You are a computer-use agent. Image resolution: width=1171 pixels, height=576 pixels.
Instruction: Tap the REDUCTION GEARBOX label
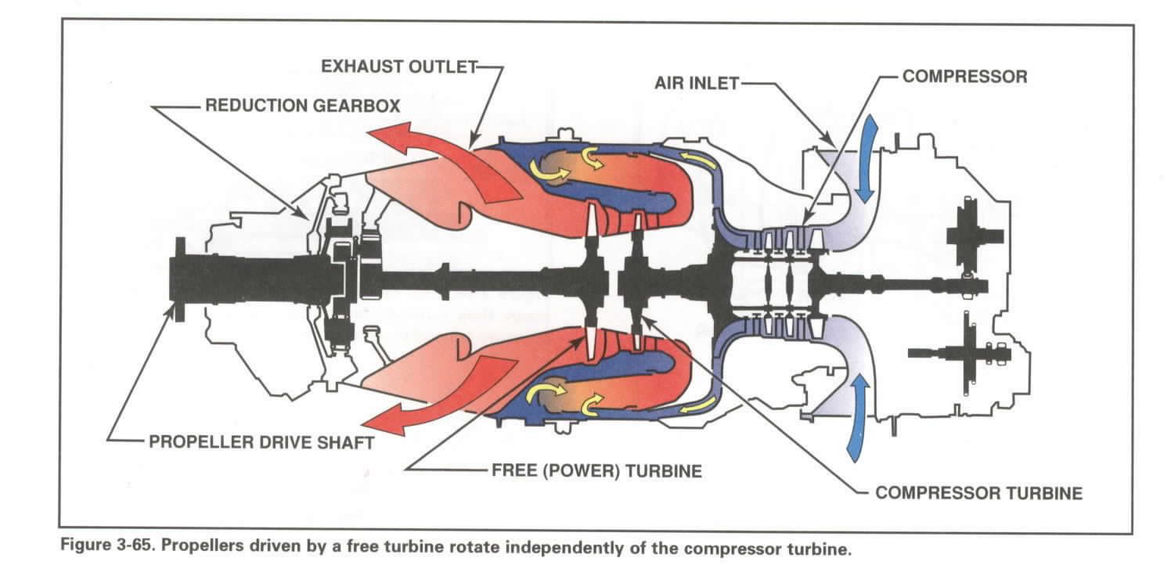(x=303, y=106)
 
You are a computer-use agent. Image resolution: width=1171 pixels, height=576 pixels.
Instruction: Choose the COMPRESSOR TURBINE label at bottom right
(x=978, y=493)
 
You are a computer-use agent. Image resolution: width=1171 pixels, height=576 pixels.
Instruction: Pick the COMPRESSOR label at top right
(x=964, y=77)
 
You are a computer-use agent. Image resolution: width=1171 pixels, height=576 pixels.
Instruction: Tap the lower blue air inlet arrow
(x=859, y=416)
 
